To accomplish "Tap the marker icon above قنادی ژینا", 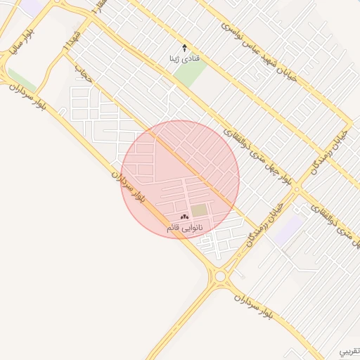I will tap(185, 49).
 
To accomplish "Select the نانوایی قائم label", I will tap(184, 228).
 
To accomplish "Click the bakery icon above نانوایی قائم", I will tap(184, 217).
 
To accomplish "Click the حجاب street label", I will tap(84, 76).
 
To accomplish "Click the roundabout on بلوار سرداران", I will tap(221, 276).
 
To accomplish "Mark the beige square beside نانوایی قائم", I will tap(200, 210).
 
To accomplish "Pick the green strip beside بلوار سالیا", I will tap(21, 79).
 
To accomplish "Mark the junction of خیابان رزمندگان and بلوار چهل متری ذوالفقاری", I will tap(297, 189).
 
